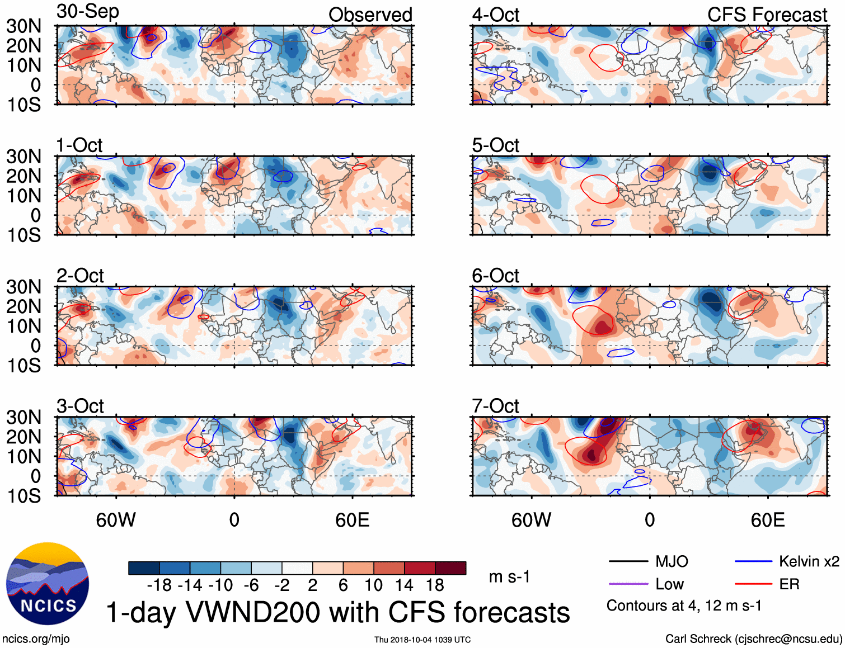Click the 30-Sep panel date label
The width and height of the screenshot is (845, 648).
tap(88, 12)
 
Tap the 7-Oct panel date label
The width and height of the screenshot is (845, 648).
tap(495, 406)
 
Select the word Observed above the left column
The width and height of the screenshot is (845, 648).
tap(370, 15)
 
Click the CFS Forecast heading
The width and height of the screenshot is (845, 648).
tap(767, 15)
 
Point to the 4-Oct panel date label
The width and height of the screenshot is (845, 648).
tap(495, 15)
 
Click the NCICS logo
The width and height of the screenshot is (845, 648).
tap(48, 584)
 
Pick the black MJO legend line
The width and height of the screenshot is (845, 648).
tap(628, 561)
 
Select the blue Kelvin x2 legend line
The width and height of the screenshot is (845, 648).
tap(753, 561)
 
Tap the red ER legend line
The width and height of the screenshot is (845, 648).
tap(753, 584)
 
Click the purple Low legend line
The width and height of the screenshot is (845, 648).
tap(628, 584)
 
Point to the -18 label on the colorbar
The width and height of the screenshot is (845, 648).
tap(159, 585)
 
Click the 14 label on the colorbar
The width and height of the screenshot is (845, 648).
tap(403, 585)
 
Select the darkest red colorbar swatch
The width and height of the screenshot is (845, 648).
tap(450, 568)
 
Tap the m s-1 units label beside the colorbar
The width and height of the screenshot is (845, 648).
tap(509, 576)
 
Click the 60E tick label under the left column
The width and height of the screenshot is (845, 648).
tap(352, 520)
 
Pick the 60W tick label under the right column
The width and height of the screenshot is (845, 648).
tap(531, 520)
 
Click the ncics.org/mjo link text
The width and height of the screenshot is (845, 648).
tap(36, 638)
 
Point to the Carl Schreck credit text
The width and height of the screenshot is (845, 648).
tap(753, 638)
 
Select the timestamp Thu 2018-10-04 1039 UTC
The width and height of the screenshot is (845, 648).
tap(422, 640)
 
